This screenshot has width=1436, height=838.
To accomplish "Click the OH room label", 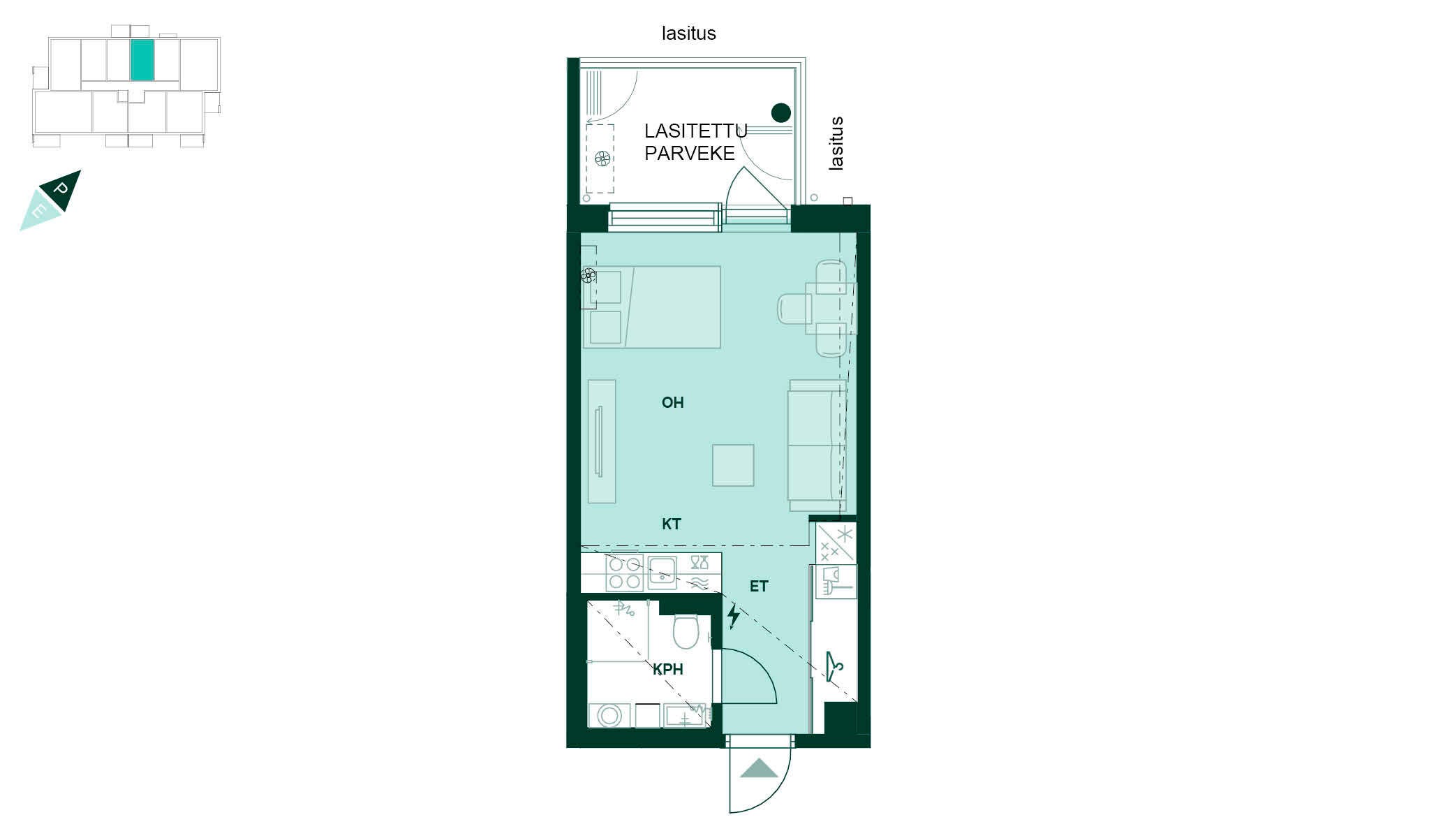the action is (672, 402).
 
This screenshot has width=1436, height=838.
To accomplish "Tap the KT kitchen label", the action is (672, 524).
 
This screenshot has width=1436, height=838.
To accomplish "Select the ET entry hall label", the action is (759, 587).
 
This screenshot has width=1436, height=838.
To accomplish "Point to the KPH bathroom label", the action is (668, 669).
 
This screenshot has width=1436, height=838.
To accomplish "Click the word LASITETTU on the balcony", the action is (695, 131).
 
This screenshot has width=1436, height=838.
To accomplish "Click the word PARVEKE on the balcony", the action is (690, 153).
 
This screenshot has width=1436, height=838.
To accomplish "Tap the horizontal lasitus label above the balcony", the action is (689, 33).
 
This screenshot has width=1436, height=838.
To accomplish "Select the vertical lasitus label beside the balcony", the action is (836, 144).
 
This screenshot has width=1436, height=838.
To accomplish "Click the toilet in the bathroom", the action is (686, 631).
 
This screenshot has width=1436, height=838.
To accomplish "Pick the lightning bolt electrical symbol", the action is (733, 616).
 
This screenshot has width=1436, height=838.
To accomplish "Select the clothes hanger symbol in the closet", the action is (834, 666).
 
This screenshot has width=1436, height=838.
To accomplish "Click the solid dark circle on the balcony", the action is (780, 112).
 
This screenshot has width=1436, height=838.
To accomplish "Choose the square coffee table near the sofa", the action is (733, 465).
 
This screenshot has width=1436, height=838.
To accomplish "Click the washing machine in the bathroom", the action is (609, 715).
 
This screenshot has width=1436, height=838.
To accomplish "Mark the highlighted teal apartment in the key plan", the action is (142, 60).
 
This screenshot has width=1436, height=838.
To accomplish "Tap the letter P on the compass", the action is (61, 189).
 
